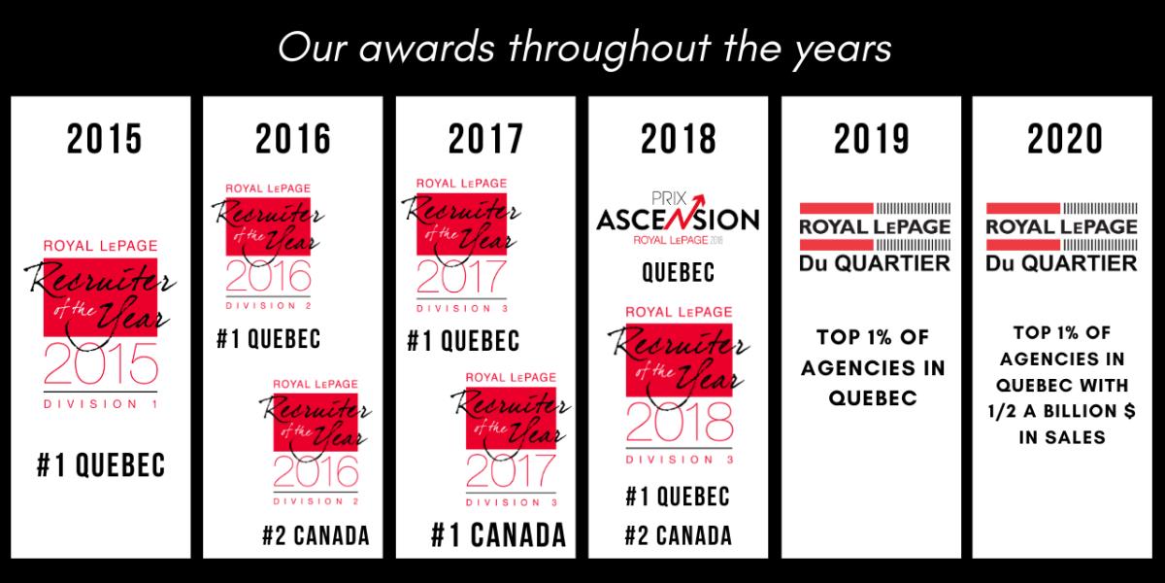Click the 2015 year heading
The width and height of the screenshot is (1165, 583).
pyautogui.click(x=104, y=139)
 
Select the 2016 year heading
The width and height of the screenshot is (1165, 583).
pyautogui.click(x=293, y=139)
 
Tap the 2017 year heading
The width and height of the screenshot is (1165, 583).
pyautogui.click(x=485, y=139)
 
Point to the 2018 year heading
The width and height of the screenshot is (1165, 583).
pyautogui.click(x=679, y=139)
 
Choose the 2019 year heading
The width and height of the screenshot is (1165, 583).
pyautogui.click(x=872, y=139)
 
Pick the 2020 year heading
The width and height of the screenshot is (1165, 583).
pyautogui.click(x=1065, y=139)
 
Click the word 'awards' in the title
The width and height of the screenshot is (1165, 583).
pyautogui.click(x=426, y=49)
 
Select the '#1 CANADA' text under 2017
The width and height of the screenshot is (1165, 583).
pyautogui.click(x=499, y=535)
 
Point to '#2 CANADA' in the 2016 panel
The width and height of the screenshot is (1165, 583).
pyautogui.click(x=316, y=535)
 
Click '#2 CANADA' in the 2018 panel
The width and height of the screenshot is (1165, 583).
pyautogui.click(x=679, y=535)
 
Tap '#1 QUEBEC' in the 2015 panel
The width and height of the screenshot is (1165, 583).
pyautogui.click(x=101, y=464)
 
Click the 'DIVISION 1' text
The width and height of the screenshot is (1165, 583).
pyautogui.click(x=101, y=404)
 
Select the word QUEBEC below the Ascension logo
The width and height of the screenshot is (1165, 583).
pyautogui.click(x=679, y=272)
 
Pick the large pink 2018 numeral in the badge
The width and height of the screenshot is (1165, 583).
pyautogui.click(x=680, y=422)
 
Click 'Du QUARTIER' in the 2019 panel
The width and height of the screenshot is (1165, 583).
pyautogui.click(x=875, y=263)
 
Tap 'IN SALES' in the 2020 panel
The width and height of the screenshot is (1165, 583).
pyautogui.click(x=1062, y=437)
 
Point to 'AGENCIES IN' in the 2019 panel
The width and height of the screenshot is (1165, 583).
pyautogui.click(x=873, y=368)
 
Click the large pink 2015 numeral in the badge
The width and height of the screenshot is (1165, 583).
pyautogui.click(x=101, y=363)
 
